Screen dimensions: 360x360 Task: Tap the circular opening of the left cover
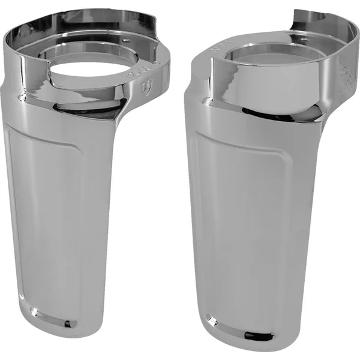[88, 74]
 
